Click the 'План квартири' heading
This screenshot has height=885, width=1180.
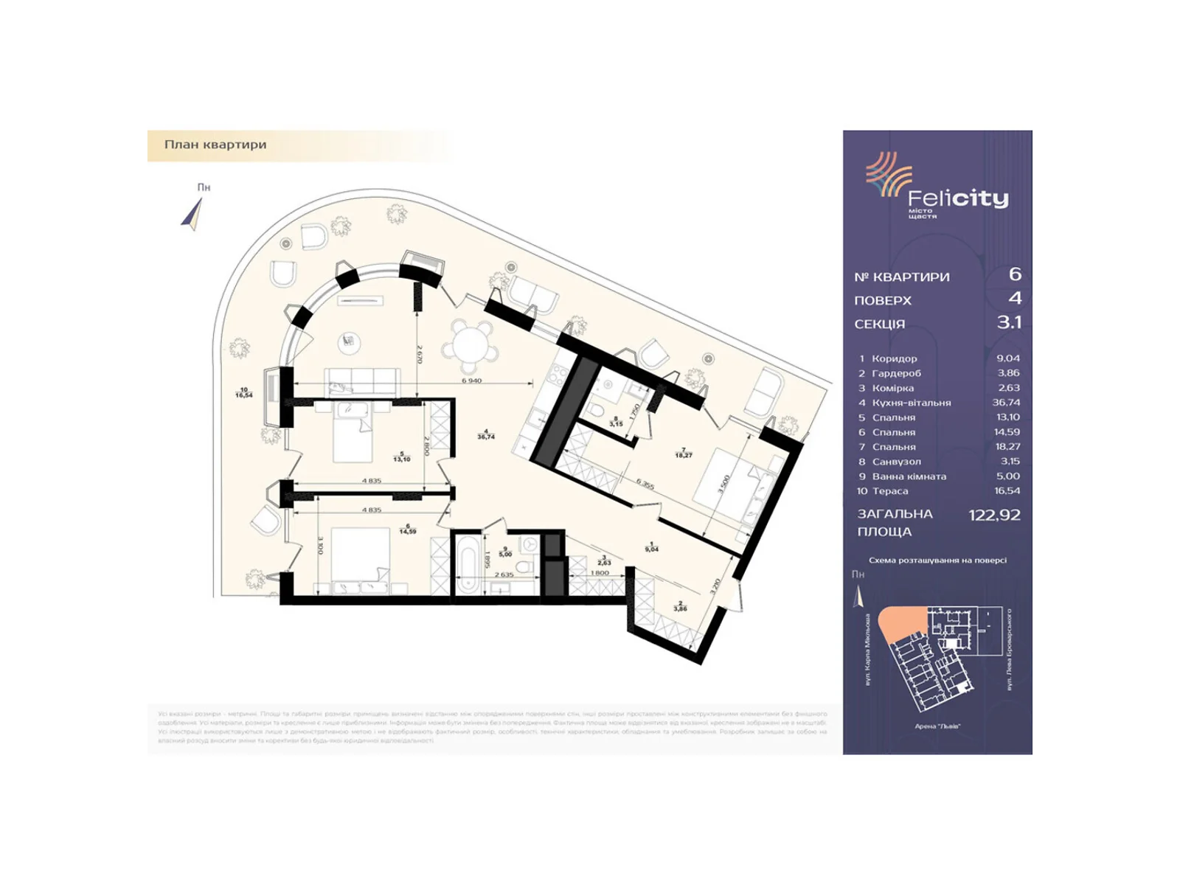pos(215,145)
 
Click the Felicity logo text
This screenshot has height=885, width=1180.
pos(957,198)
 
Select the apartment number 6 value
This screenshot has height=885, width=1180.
pos(1015,274)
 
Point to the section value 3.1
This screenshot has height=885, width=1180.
pos(1009,322)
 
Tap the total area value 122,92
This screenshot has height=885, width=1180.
pos(994,516)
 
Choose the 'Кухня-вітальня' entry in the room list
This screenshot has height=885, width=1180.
pos(911,403)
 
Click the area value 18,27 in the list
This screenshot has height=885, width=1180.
pos(1007,447)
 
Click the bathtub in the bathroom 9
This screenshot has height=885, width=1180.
pos(466,564)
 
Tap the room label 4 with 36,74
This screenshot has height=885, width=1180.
pos(486,434)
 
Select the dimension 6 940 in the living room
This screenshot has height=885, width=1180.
pos(472,381)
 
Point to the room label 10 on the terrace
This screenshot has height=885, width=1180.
pos(244,393)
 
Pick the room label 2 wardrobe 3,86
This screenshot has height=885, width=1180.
pos(681,606)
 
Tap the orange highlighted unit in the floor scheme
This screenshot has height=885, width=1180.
pos(900,624)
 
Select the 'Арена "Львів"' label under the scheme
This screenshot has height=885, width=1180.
pos(937,726)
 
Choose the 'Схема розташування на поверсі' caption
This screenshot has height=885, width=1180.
pos(937,560)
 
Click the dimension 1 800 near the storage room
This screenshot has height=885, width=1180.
pos(600,573)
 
